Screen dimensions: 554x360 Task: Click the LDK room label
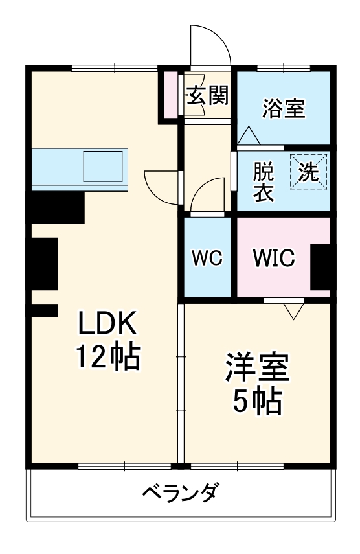click(x=108, y=322)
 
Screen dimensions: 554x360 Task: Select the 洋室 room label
click(x=257, y=369)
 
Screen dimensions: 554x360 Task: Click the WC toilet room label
click(x=207, y=257)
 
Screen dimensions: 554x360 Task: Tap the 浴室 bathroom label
click(x=284, y=108)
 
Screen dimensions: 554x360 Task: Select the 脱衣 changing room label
click(x=263, y=183)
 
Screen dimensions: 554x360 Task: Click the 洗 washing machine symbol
click(x=309, y=172)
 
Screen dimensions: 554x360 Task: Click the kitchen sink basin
click(x=104, y=166)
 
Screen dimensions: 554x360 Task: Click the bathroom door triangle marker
click(x=249, y=136)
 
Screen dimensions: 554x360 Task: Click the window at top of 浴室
click(x=284, y=68)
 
